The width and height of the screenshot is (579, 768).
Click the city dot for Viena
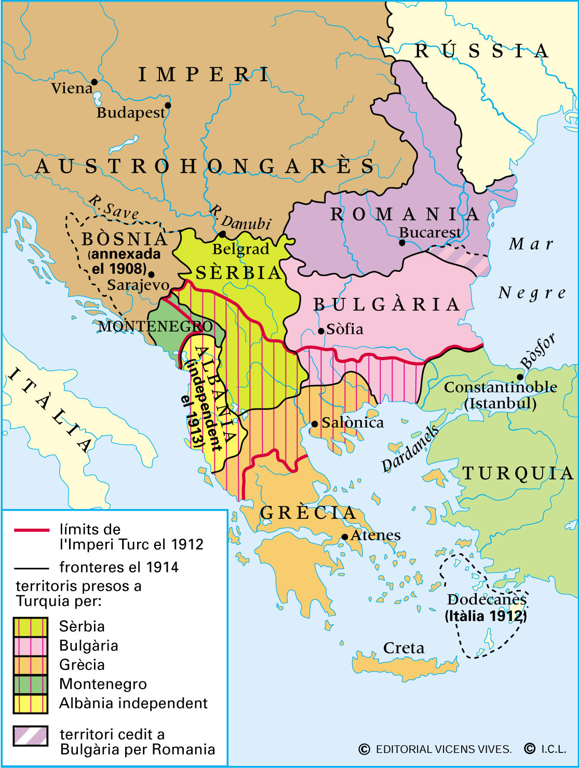click(x=94, y=81)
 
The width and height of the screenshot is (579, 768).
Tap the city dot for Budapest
click(x=167, y=105)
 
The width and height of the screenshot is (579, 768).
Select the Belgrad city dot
click(x=222, y=234)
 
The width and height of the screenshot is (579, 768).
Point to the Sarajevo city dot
click(x=151, y=274)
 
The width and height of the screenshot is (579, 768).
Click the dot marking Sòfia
click(x=321, y=331)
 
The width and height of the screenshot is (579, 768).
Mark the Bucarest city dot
click(x=402, y=242)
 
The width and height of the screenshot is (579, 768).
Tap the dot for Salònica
click(x=314, y=424)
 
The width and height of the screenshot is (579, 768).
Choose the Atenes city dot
click(x=344, y=537)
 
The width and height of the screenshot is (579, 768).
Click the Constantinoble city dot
click(x=519, y=377)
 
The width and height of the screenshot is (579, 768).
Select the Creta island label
click(x=403, y=648)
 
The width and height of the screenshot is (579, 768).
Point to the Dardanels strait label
click(x=410, y=449)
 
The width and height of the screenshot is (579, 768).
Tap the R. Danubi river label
click(x=240, y=218)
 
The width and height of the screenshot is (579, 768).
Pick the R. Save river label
click(x=113, y=207)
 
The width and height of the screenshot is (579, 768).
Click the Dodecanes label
click(x=487, y=600)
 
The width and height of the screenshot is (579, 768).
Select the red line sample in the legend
click(x=31, y=530)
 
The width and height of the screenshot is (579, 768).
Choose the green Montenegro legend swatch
click(x=31, y=684)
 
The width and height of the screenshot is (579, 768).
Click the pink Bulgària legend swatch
click(x=31, y=646)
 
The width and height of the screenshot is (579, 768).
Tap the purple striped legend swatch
click(x=31, y=736)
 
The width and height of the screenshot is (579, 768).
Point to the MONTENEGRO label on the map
click(x=155, y=326)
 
